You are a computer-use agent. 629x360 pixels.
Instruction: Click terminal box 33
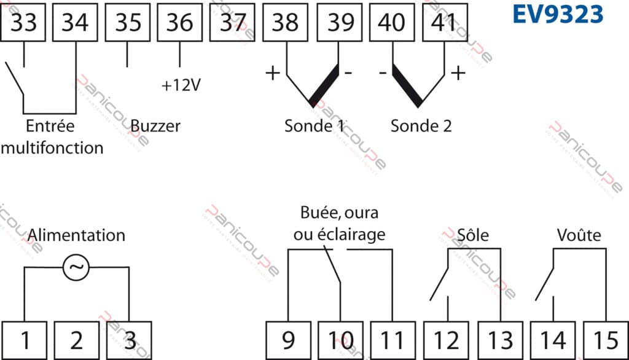pos(23,24)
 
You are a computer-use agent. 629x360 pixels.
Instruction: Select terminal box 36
pos(180,24)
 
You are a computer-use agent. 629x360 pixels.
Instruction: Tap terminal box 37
pos(232,24)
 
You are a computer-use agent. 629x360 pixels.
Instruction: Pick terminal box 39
pos(340,24)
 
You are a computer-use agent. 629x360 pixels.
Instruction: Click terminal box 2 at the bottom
pos(76,339)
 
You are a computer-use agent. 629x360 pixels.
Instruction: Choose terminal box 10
pos(340,339)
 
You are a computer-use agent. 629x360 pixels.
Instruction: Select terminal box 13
pos(499,339)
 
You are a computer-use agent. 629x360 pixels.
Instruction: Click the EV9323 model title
pos(558,15)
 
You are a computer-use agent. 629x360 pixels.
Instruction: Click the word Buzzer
pos(155,126)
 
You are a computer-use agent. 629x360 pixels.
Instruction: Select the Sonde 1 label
pos(314,126)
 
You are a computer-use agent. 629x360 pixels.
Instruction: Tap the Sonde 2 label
pos(421,126)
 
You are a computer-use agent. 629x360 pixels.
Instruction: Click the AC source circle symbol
pos(77,268)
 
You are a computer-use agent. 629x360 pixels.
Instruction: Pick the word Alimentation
pos(77,235)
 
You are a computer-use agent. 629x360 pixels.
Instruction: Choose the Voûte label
pos(579,235)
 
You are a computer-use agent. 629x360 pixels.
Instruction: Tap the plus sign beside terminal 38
pos(272,73)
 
